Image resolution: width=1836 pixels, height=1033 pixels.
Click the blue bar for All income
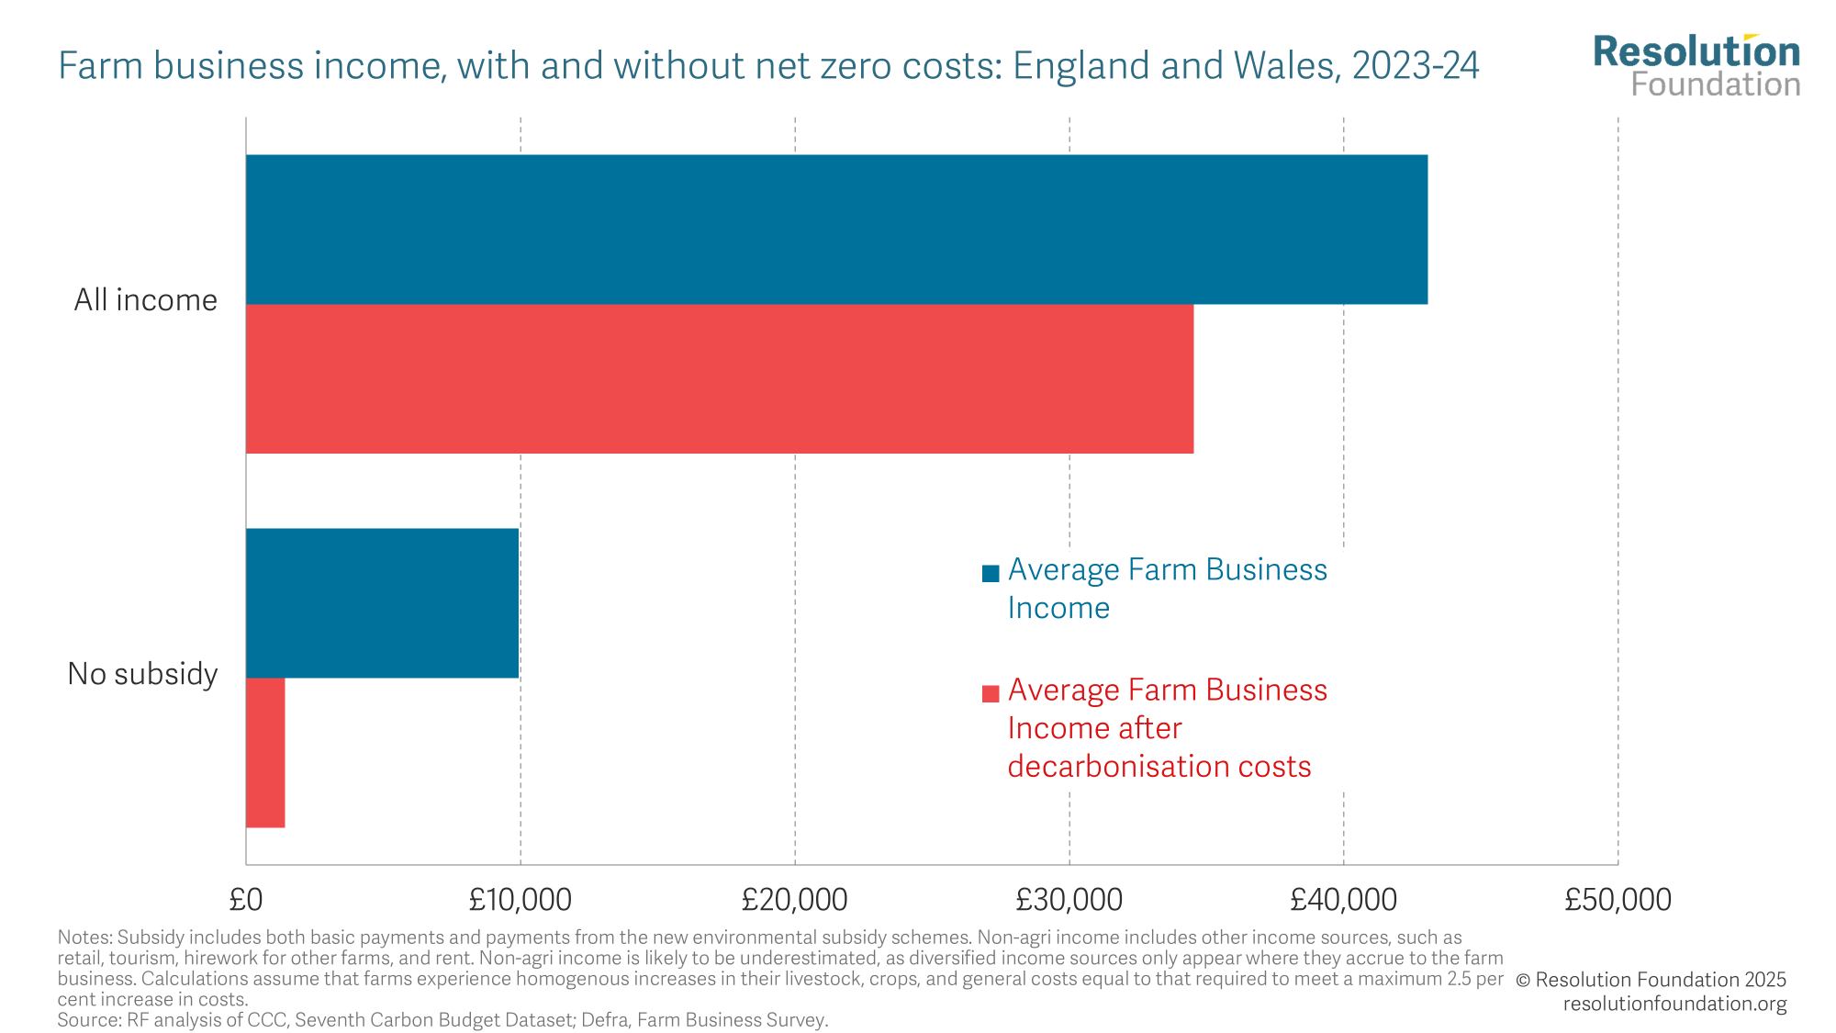[835, 229]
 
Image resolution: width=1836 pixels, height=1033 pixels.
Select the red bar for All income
[719, 378]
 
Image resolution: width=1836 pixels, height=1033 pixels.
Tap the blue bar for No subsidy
[382, 602]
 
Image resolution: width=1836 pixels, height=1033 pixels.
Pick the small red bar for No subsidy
[265, 753]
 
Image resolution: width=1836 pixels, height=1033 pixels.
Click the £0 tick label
[246, 900]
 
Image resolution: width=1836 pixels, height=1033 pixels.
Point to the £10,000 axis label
[520, 900]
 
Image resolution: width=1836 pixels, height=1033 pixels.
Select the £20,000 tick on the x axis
[794, 900]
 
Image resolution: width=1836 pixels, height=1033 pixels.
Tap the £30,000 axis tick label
[1069, 900]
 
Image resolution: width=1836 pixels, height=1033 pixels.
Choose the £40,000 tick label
[1343, 900]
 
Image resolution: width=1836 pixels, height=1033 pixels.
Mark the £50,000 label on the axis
[1618, 900]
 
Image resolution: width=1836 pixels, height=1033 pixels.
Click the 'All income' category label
[145, 300]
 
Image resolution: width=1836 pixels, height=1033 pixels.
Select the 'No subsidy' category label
[142, 674]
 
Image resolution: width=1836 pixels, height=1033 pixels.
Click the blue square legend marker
[991, 574]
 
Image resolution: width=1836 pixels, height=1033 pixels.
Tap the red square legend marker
[991, 693]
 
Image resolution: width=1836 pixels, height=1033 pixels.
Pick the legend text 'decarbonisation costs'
[1159, 767]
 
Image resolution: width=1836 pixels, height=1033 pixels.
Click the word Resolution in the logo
[1696, 52]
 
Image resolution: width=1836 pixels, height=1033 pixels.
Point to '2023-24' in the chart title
[1415, 66]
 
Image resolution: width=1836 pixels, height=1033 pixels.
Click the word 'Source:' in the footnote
[85, 1020]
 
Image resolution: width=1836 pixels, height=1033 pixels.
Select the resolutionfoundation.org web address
[1674, 1004]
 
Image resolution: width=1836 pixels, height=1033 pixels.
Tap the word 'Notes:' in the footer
[84, 938]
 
